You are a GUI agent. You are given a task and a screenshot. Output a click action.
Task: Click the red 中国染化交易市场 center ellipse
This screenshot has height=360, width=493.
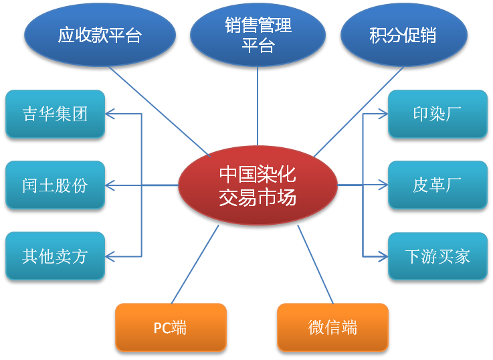click(x=258, y=186)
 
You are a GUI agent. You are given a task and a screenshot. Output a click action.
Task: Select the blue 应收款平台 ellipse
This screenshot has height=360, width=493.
click(x=100, y=35)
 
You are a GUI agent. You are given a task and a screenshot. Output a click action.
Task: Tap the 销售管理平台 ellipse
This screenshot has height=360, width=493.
click(x=258, y=35)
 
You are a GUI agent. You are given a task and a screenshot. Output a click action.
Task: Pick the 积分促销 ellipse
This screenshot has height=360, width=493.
click(x=402, y=35)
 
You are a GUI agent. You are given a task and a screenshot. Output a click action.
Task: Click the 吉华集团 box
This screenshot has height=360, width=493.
click(x=55, y=114)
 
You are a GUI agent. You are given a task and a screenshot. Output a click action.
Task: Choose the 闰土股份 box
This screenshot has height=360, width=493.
click(x=55, y=185)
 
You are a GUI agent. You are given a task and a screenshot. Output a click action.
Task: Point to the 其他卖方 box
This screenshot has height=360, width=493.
click(x=55, y=256)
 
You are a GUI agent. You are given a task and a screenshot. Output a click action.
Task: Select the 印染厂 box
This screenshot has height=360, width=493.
click(x=437, y=114)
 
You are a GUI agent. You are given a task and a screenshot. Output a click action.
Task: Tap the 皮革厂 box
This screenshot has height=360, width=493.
click(x=437, y=185)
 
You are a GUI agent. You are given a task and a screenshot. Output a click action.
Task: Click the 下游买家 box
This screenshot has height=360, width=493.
click(x=437, y=256)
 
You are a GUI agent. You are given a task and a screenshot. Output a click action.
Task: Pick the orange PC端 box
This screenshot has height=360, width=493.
click(x=170, y=327)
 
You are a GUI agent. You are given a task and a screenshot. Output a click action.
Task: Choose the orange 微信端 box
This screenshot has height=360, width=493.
click(x=332, y=327)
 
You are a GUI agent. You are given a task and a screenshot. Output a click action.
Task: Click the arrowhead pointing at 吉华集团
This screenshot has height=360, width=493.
click(x=112, y=114)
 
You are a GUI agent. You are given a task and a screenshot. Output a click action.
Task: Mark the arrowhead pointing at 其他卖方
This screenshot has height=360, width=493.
click(x=112, y=256)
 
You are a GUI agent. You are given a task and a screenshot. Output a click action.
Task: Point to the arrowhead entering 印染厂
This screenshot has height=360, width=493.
click(x=383, y=114)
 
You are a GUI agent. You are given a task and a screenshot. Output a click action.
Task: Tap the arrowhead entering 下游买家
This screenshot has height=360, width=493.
click(x=383, y=256)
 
